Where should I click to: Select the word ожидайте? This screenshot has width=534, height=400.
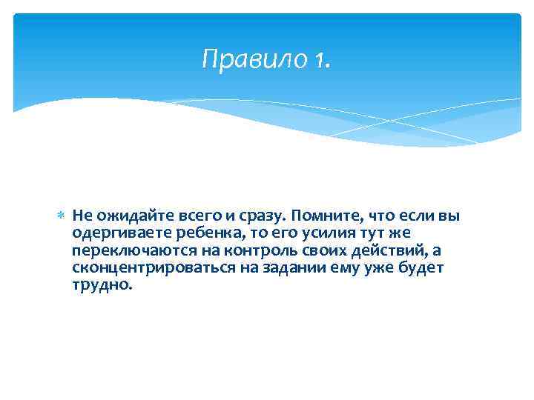(133, 216)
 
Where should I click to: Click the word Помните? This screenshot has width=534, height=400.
(323, 216)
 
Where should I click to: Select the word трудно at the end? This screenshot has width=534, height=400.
(101, 285)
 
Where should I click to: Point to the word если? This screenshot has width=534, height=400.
(421, 216)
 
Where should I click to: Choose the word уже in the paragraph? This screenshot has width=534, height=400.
(377, 268)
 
